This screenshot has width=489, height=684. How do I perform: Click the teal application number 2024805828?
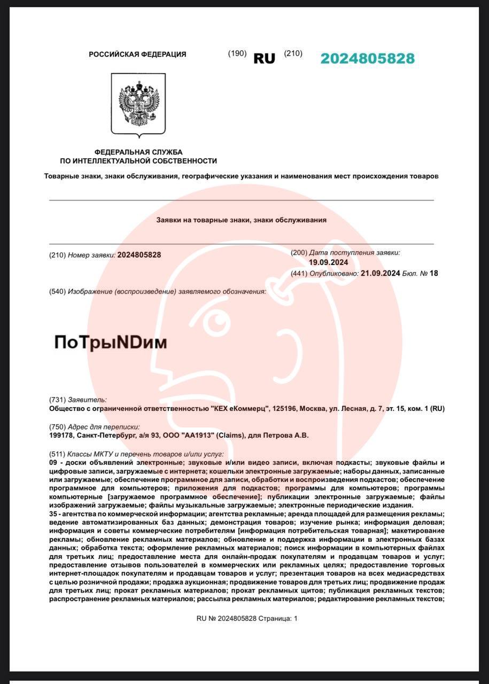(367, 59)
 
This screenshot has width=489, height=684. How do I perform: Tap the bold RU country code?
(264, 59)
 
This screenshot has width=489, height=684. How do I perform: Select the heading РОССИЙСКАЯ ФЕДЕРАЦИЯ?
(137, 54)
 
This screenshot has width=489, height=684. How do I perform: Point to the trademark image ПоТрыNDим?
(111, 343)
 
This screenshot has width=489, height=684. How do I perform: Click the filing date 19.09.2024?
(328, 262)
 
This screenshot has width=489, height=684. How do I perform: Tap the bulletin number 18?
(433, 273)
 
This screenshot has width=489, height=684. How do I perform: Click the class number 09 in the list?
(53, 462)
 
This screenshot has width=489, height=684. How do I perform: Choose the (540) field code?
(57, 291)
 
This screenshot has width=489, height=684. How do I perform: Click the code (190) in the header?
(237, 53)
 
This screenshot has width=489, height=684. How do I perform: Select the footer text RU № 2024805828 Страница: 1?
(246, 618)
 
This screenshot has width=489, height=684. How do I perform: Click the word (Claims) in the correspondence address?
(233, 436)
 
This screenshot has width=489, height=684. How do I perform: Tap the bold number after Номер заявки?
(139, 255)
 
